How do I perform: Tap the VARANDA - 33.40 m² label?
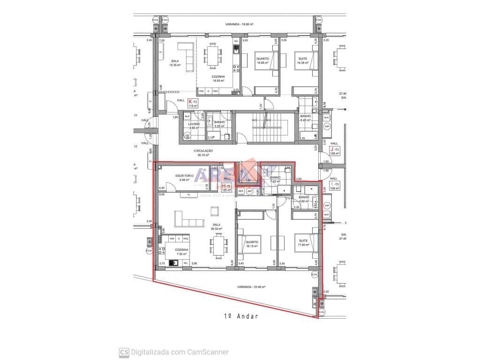[x=251, y=287]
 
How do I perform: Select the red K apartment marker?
[x=190, y=102]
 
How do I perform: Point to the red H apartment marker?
[x=223, y=187]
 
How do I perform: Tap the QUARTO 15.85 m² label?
[x=262, y=60]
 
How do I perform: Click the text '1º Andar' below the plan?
[x=241, y=316]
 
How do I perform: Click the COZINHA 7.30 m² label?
[x=182, y=251]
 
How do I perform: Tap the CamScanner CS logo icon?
[x=124, y=352]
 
